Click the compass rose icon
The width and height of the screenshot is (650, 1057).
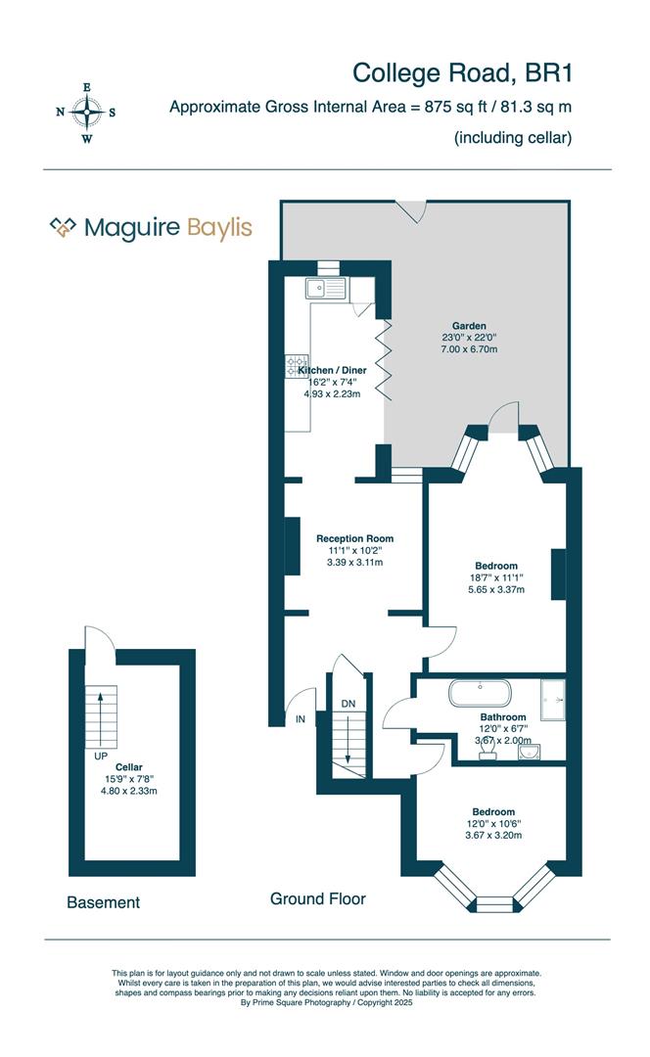pyautogui.click(x=87, y=113)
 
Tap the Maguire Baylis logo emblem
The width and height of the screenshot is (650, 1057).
pyautogui.click(x=64, y=228)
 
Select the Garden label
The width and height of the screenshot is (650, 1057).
pyautogui.click(x=469, y=326)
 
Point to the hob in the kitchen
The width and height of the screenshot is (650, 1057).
pyautogui.click(x=297, y=366)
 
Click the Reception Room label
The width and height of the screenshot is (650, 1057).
pyautogui.click(x=354, y=538)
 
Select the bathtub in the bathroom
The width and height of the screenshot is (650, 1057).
pyautogui.click(x=480, y=695)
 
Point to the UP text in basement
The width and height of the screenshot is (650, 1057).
pyautogui.click(x=101, y=757)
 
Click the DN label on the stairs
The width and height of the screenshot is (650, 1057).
pyautogui.click(x=348, y=704)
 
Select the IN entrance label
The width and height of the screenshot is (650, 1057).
pyautogui.click(x=301, y=719)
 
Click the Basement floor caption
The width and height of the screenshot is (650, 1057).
pyautogui.click(x=103, y=902)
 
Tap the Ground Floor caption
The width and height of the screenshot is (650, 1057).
pyautogui.click(x=317, y=898)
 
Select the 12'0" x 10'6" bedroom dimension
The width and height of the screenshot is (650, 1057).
pyautogui.click(x=493, y=823)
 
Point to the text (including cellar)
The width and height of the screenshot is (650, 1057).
pyautogui.click(x=512, y=138)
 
